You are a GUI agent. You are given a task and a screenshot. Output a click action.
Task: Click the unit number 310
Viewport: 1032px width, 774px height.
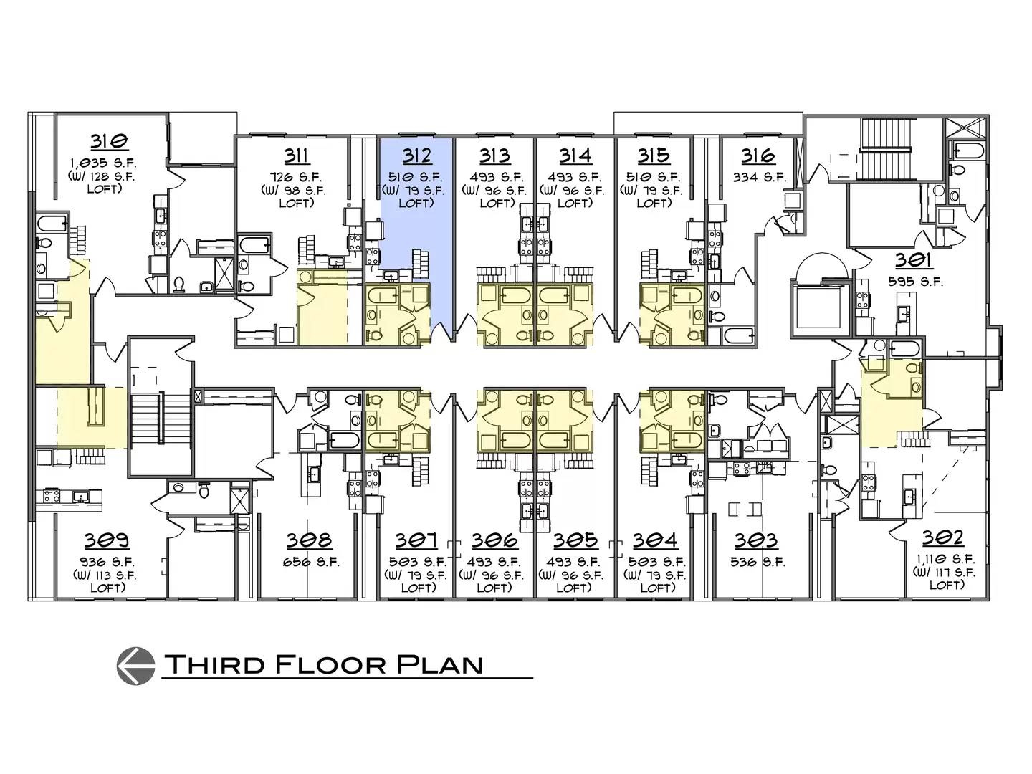tap(110, 141)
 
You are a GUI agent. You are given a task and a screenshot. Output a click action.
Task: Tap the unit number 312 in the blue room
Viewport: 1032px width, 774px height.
tap(416, 156)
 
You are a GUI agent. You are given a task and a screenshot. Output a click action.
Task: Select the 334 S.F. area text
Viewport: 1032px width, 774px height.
tap(759, 178)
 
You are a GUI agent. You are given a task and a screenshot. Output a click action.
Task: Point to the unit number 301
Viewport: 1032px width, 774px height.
tap(914, 260)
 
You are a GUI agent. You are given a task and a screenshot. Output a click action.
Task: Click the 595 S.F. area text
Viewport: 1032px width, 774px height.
tap(915, 282)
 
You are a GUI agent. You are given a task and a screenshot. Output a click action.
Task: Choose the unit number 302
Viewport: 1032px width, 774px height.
tap(942, 538)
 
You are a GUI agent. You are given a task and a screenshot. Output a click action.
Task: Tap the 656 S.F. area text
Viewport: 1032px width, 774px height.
tap(311, 563)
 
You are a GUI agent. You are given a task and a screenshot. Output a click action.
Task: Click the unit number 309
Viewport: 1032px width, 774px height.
tap(106, 540)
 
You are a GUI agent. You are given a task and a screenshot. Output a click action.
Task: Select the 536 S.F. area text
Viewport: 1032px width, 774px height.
tap(758, 562)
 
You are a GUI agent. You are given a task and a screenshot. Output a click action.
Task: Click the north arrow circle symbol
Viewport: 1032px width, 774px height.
tap(136, 666)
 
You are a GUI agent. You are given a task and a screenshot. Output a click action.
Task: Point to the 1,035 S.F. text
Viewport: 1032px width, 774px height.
tap(103, 163)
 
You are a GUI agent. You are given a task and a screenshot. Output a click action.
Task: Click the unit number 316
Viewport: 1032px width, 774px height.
tap(758, 156)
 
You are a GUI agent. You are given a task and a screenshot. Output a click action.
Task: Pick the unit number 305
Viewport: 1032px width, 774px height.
tap(575, 540)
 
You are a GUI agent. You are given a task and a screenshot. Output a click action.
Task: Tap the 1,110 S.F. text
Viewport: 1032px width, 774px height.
tap(945, 560)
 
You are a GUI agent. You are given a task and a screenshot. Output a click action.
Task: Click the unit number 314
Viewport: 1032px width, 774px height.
tap(575, 156)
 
